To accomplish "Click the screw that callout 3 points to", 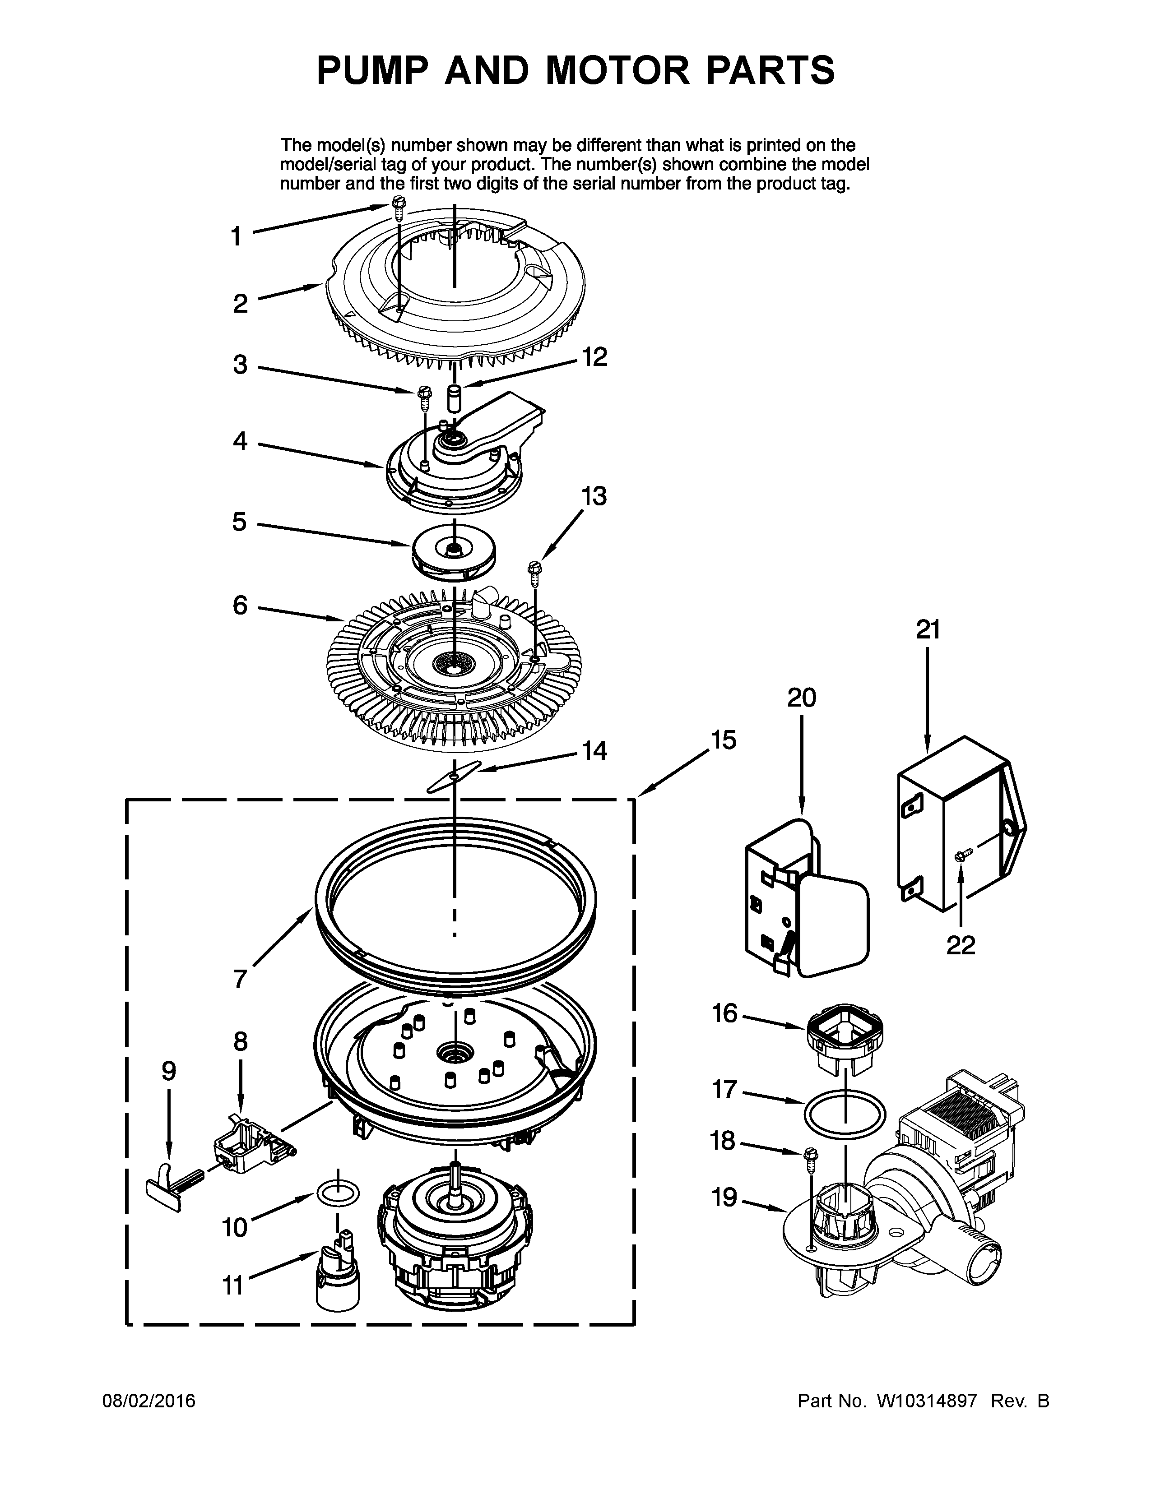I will coord(424,395).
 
